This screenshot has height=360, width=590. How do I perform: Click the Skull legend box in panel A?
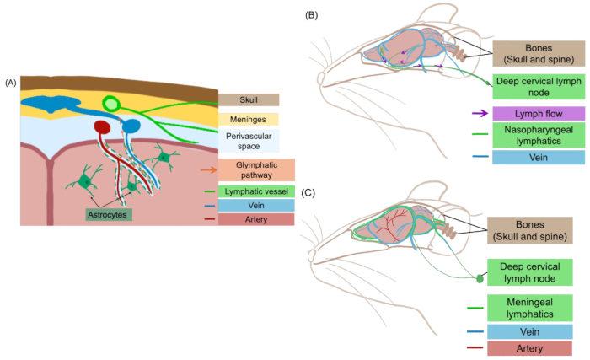[x=249, y=99]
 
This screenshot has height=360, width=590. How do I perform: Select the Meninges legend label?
[x=249, y=120]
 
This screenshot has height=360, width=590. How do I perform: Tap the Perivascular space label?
[x=249, y=141]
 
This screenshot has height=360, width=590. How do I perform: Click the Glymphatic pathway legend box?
[x=256, y=169]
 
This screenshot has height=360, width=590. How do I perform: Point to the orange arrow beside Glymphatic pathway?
[x=209, y=169]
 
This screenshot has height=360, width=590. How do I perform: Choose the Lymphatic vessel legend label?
[x=256, y=191]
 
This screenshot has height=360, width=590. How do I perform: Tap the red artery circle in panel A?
[x=102, y=127]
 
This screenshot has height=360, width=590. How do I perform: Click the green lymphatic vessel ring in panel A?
[x=111, y=104]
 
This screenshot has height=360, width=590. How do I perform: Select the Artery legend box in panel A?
[x=256, y=219]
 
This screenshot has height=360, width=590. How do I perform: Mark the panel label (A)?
[x=10, y=83]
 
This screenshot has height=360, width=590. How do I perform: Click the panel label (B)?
[x=312, y=15]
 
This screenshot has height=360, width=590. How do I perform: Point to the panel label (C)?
[x=308, y=193]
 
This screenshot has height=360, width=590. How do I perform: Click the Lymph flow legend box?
[x=539, y=114]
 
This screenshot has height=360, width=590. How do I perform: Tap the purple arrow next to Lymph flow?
[x=480, y=113]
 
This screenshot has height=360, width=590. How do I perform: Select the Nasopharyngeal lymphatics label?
[x=539, y=135]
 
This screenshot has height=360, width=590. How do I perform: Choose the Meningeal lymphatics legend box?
[x=530, y=308]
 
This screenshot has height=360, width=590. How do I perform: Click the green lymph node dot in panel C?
[x=480, y=279]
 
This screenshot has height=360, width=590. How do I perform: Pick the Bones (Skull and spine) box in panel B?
[x=539, y=53]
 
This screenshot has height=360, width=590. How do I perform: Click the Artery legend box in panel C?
[x=529, y=348]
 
